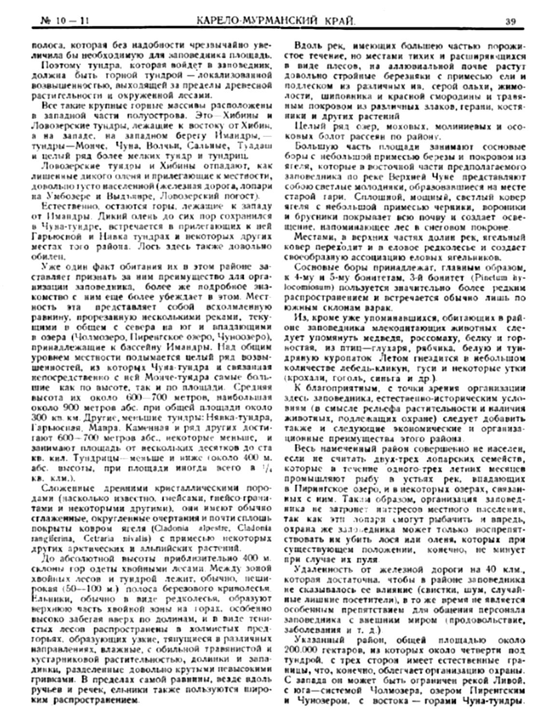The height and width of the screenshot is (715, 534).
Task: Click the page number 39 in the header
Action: coord(511,21)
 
